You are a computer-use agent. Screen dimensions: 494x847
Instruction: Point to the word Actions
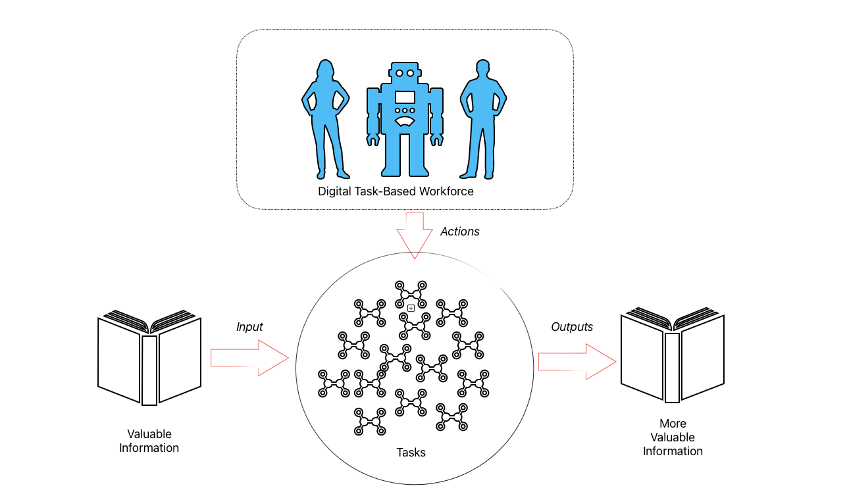click(459, 232)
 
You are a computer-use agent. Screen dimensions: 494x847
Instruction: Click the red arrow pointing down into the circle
click(415, 235)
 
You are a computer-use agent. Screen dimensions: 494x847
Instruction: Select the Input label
click(249, 327)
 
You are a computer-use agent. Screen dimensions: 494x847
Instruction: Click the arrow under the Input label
click(249, 358)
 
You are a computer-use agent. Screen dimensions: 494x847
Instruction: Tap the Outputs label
click(571, 327)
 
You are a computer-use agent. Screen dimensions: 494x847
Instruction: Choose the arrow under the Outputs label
click(577, 362)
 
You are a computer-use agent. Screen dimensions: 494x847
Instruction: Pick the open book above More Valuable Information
click(672, 355)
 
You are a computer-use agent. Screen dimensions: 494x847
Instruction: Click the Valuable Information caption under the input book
click(149, 441)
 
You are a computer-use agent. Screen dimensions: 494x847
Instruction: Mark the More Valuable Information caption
click(673, 437)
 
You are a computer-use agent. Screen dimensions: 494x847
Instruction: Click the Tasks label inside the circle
click(411, 453)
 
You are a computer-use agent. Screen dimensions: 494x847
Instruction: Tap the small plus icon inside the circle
click(411, 308)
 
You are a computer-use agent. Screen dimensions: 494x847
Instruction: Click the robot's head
click(404, 74)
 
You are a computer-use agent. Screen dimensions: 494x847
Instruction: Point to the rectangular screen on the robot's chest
click(405, 97)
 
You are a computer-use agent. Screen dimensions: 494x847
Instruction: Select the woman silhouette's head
click(324, 69)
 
